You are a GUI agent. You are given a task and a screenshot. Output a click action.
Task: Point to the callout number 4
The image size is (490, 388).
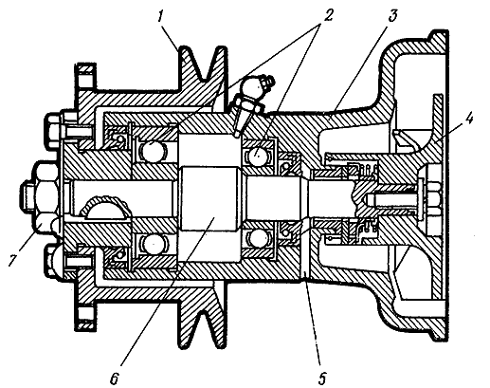469,120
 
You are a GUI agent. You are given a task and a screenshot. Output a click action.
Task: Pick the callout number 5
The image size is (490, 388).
322,377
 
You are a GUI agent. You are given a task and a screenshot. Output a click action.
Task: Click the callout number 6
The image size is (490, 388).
114,378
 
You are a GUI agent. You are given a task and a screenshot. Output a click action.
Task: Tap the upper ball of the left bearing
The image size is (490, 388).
154,151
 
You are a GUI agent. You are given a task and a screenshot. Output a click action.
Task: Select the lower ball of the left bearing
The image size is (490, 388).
154,245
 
